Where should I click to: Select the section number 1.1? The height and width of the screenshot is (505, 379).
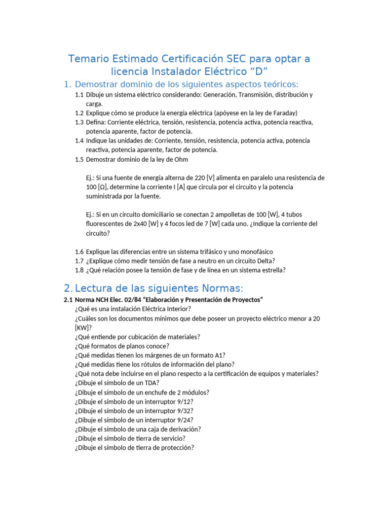click(x=79, y=95)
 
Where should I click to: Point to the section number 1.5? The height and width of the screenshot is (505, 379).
click(x=79, y=159)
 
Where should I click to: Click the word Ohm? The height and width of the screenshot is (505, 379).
click(x=181, y=159)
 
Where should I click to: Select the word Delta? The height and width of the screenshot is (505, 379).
click(x=265, y=261)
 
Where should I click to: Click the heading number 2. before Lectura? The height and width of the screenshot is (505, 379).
click(x=69, y=288)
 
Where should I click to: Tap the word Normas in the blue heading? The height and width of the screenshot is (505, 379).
click(x=221, y=288)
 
